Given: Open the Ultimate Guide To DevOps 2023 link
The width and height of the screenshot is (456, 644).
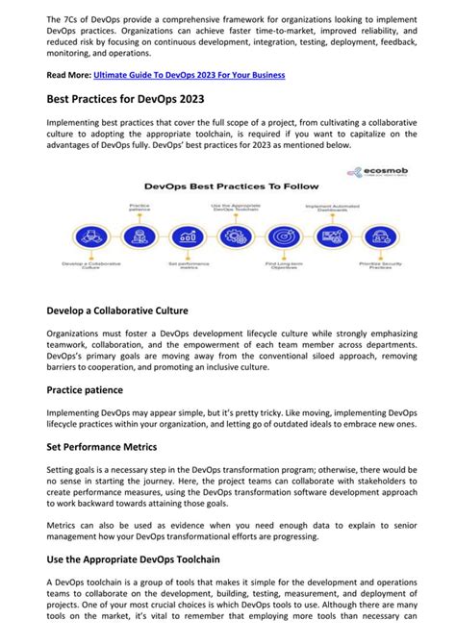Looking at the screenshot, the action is [x=190, y=75].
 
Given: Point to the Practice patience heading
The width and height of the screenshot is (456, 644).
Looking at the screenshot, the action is [x=98, y=390].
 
